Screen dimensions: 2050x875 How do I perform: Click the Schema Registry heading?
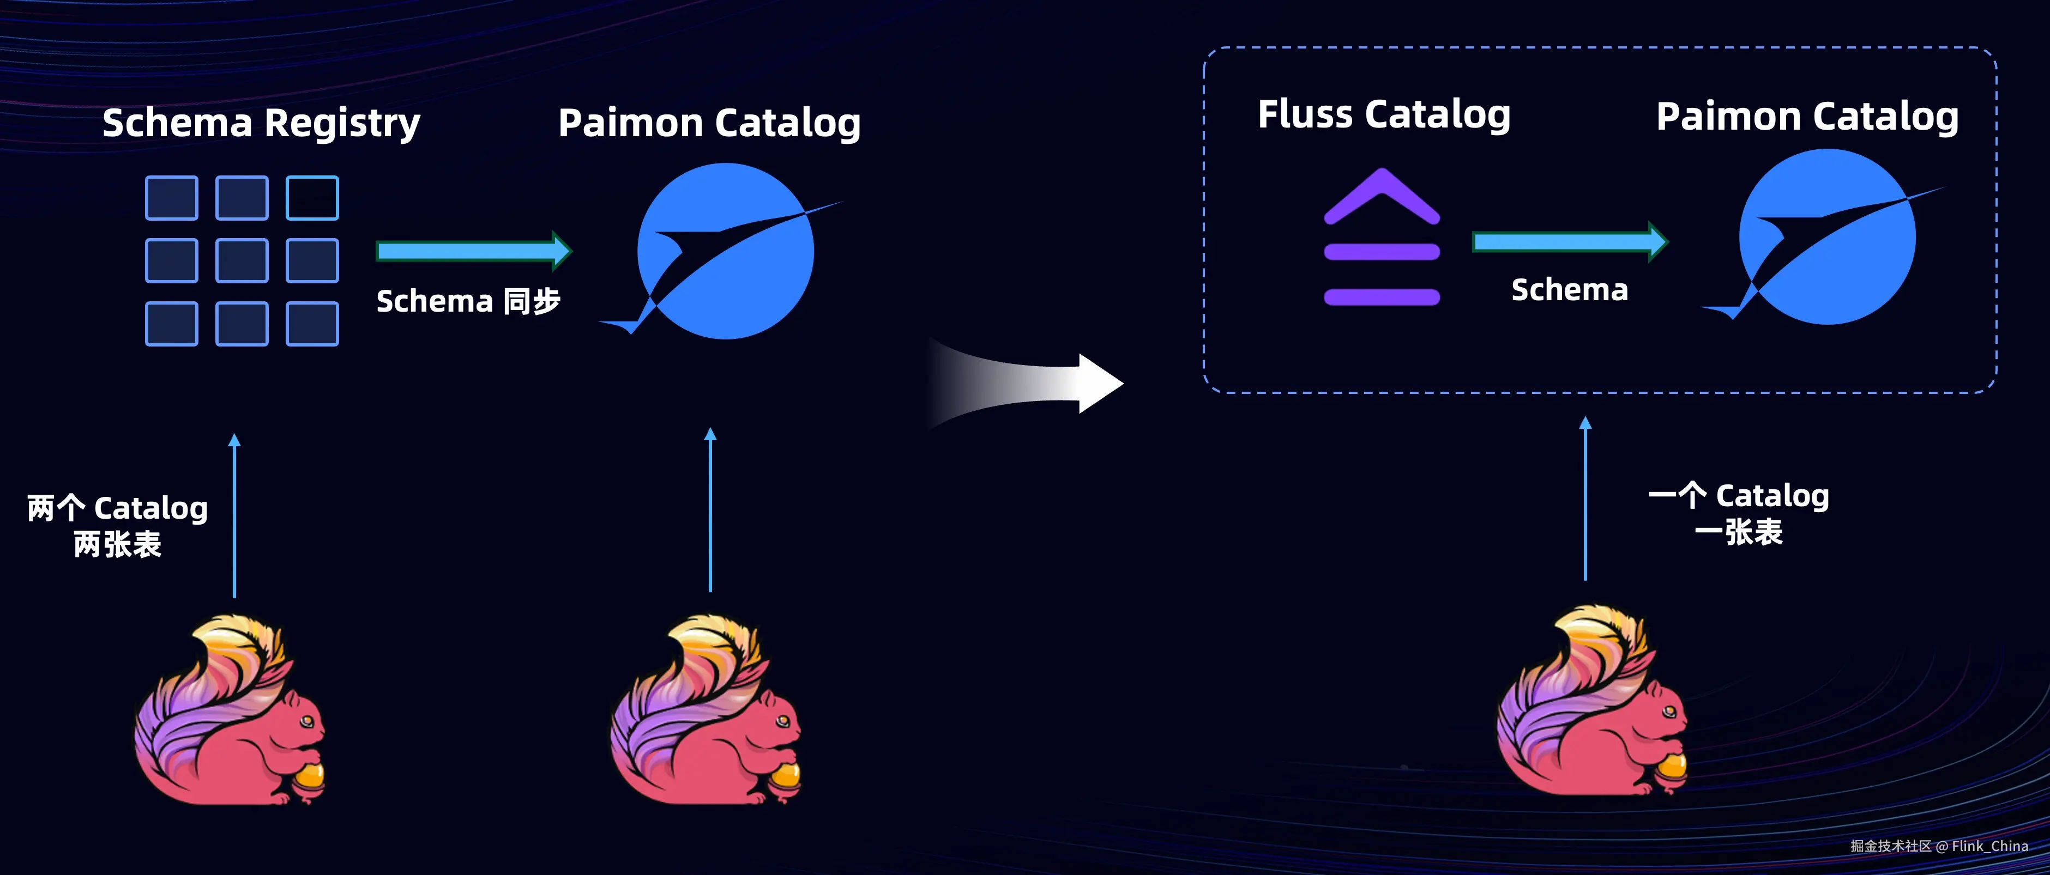(261, 123)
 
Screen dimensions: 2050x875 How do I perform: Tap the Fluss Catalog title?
(1383, 114)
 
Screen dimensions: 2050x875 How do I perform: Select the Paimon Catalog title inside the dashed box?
(1806, 117)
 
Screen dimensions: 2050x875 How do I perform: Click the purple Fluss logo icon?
(1382, 239)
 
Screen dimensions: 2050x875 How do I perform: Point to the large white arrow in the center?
(1035, 384)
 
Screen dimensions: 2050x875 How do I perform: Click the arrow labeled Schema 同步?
(473, 251)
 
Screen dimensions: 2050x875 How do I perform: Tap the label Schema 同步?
(468, 301)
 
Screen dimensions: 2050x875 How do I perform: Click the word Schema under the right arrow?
(1569, 290)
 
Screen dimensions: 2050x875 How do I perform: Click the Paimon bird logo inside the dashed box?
(1827, 237)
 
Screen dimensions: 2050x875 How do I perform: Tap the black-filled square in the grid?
(312, 198)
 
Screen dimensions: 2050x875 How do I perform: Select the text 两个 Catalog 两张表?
(118, 526)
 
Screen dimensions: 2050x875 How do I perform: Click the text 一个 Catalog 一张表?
(1739, 513)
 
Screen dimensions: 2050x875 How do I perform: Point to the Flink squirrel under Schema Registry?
(231, 712)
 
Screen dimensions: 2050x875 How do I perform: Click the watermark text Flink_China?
(1989, 846)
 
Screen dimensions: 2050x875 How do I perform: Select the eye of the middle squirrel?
(783, 721)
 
